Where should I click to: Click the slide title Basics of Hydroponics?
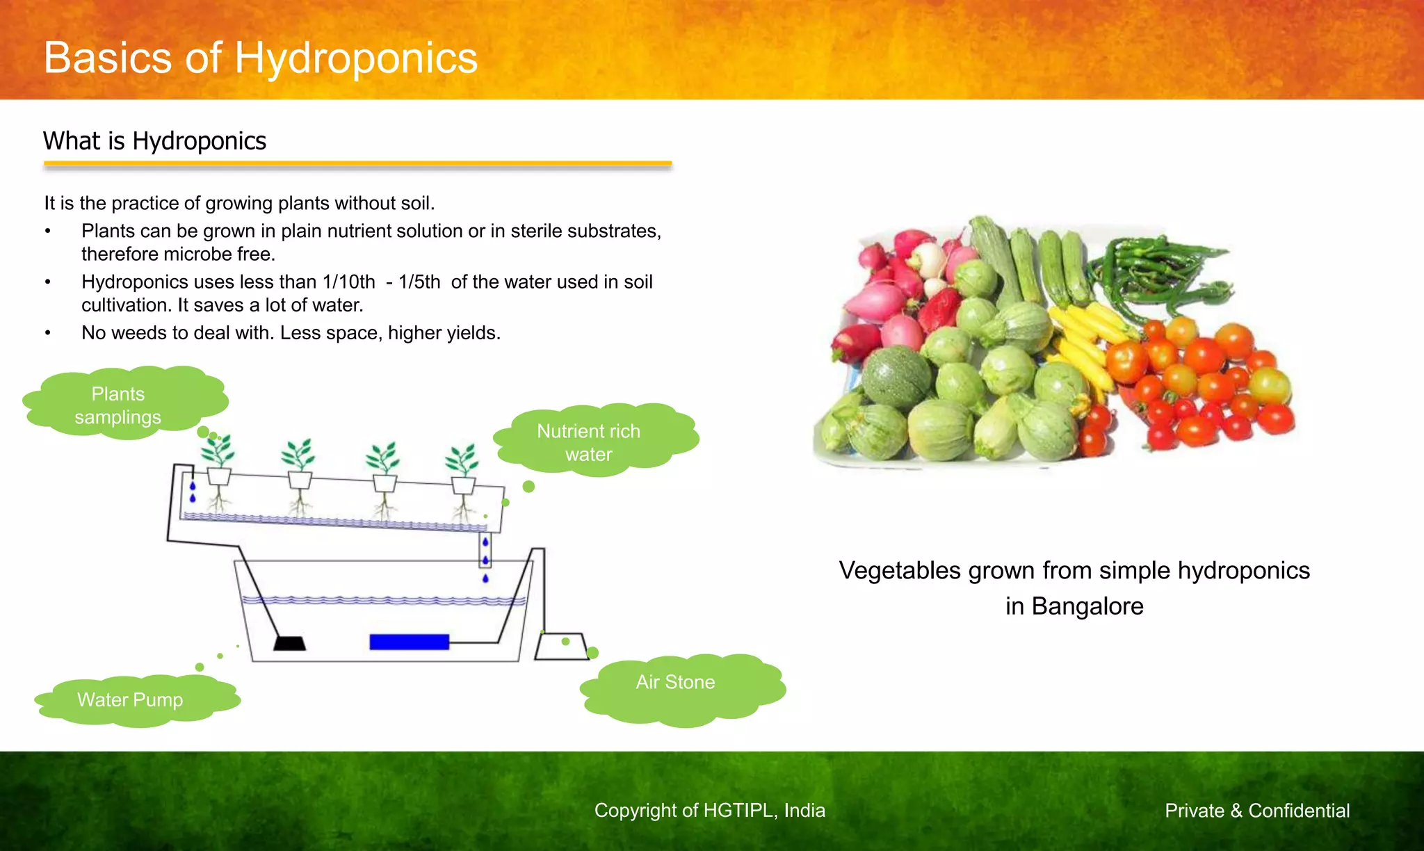click(x=260, y=58)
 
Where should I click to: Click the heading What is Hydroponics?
click(x=154, y=141)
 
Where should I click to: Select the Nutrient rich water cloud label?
click(x=589, y=442)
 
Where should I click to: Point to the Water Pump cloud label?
click(x=130, y=699)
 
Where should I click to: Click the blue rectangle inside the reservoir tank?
click(x=409, y=642)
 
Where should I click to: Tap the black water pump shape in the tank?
click(x=289, y=643)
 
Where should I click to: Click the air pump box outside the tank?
click(x=560, y=646)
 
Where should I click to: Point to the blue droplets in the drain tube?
click(x=485, y=553)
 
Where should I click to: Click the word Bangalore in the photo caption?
click(x=1087, y=606)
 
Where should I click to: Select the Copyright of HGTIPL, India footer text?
click(x=709, y=811)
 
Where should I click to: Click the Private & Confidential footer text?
click(x=1257, y=811)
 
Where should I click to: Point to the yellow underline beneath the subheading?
click(x=357, y=164)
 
